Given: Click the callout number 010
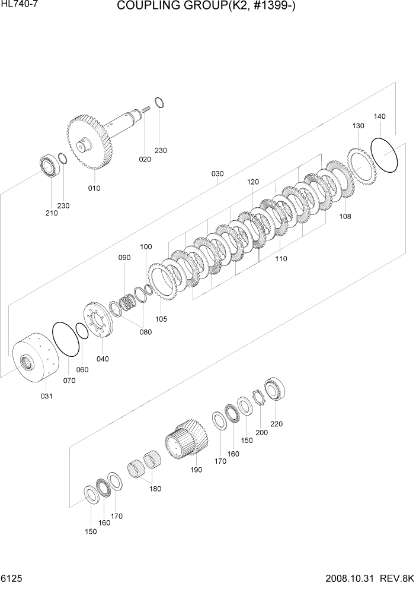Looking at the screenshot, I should click(94, 188).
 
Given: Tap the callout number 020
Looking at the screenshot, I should click(145, 159).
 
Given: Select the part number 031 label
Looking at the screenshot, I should click(46, 396).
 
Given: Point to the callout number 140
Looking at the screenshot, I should click(379, 117).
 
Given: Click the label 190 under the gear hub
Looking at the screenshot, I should click(196, 470).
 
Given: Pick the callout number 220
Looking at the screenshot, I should click(276, 424).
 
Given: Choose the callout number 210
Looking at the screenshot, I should click(52, 213).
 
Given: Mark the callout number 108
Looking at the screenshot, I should click(345, 216).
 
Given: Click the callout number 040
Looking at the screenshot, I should click(103, 359).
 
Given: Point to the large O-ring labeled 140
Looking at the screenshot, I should click(384, 155).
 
